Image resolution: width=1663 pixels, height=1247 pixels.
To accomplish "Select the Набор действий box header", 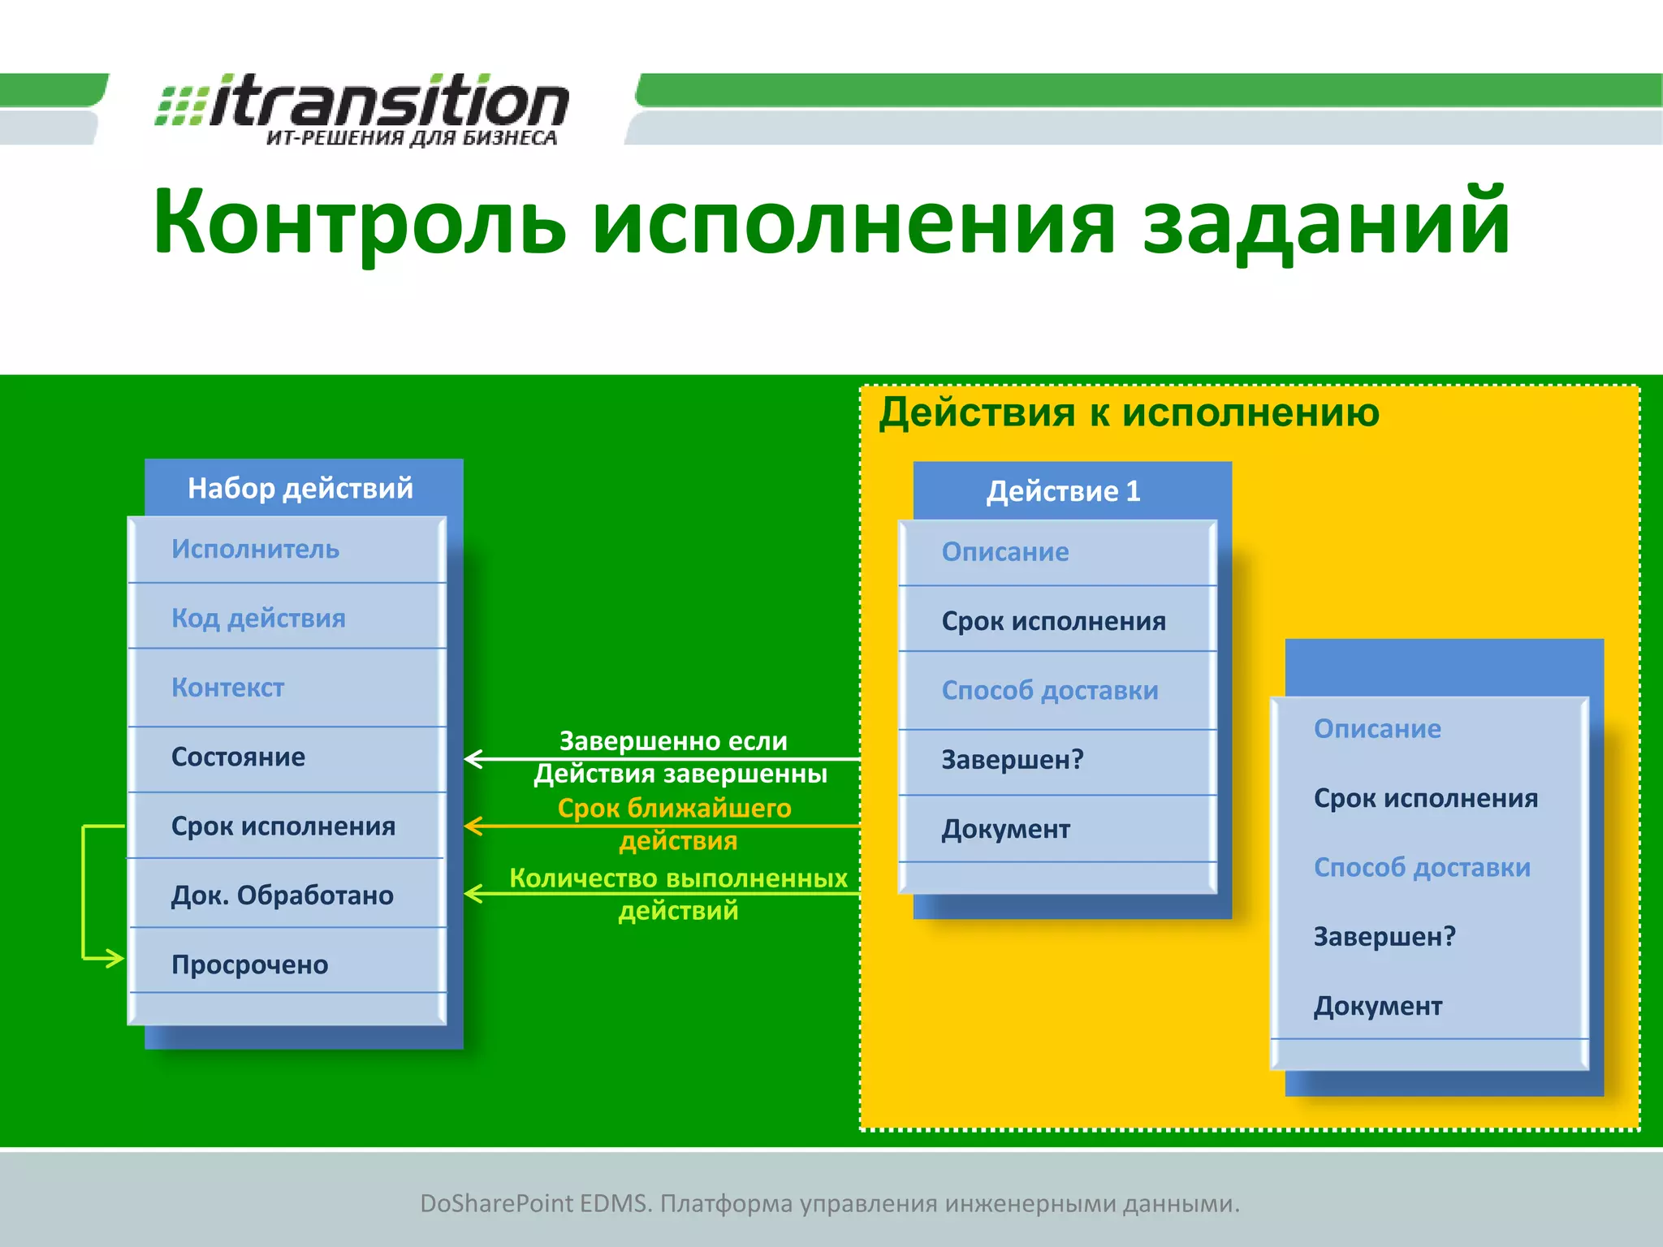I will [300, 488].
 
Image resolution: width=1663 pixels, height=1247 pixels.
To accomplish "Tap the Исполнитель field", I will [255, 550].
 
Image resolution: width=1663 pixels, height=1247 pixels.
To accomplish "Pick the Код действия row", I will [258, 619].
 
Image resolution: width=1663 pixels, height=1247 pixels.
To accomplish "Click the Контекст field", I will [227, 688].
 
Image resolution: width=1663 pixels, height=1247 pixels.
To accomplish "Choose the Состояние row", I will [238, 757].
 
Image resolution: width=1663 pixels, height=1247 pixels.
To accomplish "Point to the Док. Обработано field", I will [282, 895].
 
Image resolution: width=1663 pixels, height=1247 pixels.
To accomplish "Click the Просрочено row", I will [249, 964].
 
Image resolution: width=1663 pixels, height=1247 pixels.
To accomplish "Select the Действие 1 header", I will [1063, 491].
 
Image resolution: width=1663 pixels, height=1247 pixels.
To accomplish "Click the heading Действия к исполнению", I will [1129, 412].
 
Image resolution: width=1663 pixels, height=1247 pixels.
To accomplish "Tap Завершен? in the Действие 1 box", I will [1012, 760].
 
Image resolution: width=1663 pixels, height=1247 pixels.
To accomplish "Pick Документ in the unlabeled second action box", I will [1377, 1007].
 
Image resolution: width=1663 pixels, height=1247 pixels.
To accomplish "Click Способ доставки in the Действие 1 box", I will [1049, 691].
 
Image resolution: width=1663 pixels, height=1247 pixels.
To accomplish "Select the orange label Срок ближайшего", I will [674, 809].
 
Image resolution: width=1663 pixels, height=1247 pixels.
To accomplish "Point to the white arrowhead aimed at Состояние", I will [473, 759].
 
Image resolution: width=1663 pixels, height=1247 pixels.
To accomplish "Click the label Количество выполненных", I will [678, 878].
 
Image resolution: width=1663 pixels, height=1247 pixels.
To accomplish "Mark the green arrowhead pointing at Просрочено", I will [116, 959].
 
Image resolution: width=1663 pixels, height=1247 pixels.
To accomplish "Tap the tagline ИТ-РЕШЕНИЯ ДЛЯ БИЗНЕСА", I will [412, 138].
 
